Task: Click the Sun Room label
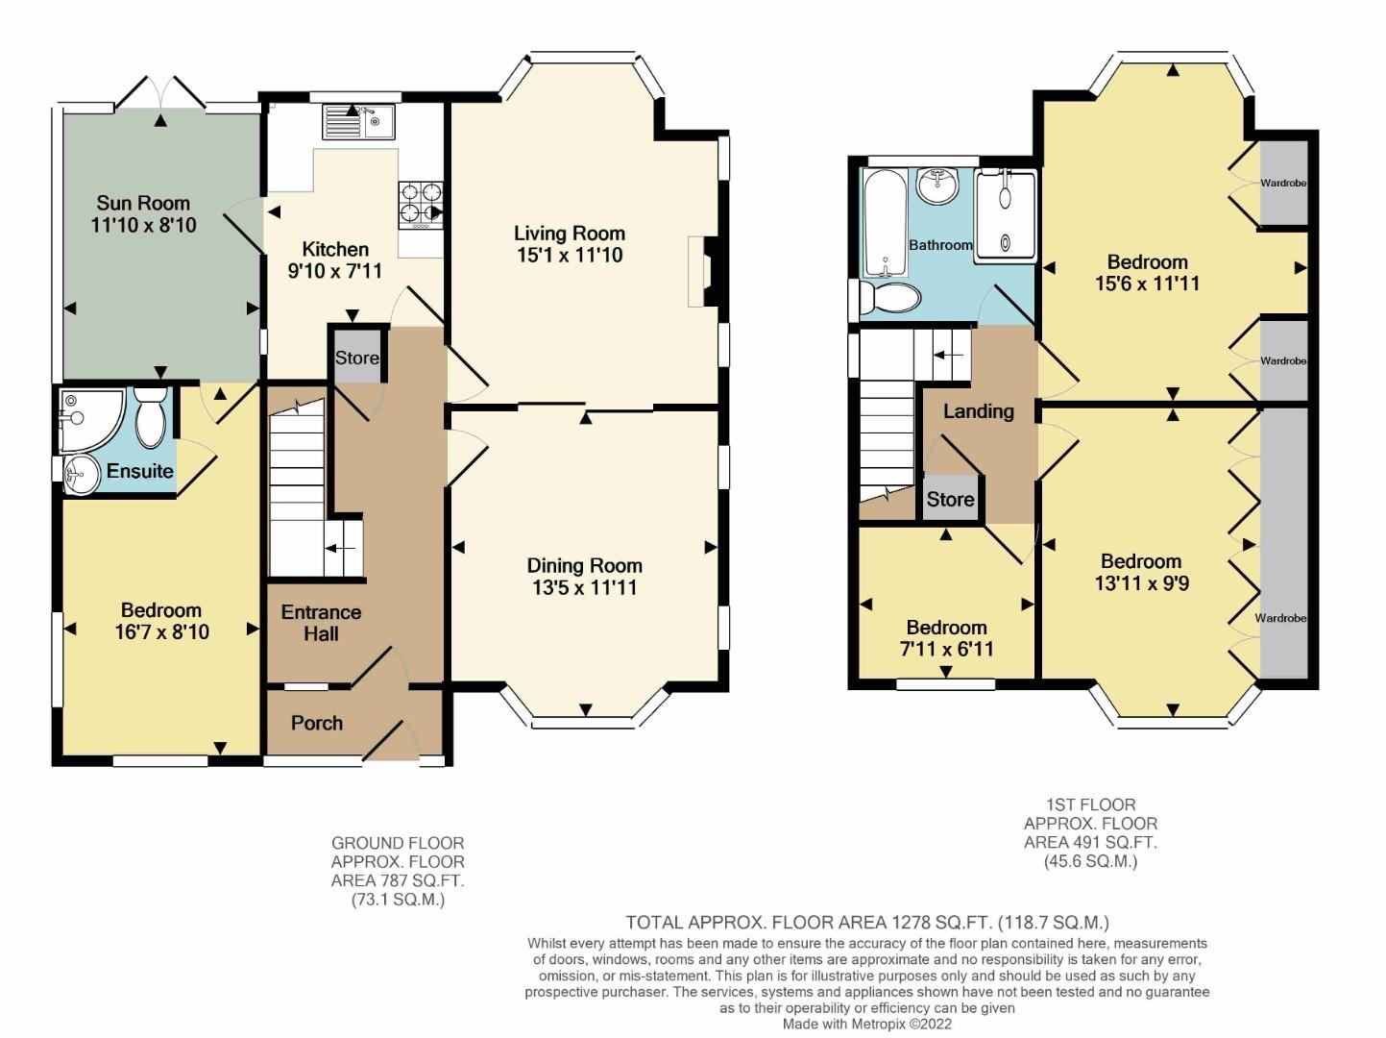click(143, 203)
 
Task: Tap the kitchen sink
click(358, 122)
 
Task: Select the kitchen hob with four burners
click(421, 205)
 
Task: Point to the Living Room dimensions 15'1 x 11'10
click(571, 256)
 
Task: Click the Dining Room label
click(585, 565)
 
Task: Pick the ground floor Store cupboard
click(357, 356)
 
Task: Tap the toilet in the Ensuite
click(150, 416)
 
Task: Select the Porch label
click(317, 723)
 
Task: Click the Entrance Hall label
click(322, 623)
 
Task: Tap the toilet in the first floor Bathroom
click(890, 297)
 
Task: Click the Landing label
click(979, 411)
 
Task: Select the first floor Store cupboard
click(950, 499)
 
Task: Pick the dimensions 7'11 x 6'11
click(946, 649)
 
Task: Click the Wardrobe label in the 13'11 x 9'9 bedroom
click(1280, 618)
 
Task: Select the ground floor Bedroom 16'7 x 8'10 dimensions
click(162, 631)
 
